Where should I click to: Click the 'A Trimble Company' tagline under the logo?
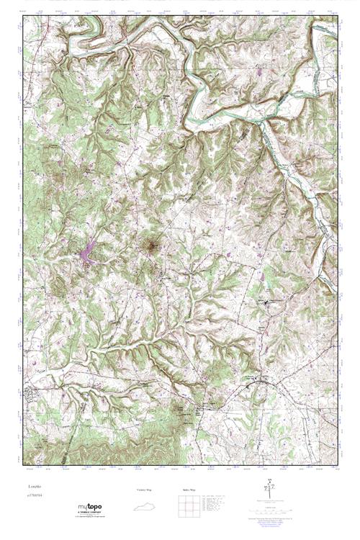[90, 513]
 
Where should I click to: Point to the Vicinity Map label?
[145, 490]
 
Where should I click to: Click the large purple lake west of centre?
[88, 253]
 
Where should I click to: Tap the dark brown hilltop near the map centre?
[151, 247]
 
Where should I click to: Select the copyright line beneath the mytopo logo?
[90, 518]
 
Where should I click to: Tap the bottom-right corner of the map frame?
[338, 464]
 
